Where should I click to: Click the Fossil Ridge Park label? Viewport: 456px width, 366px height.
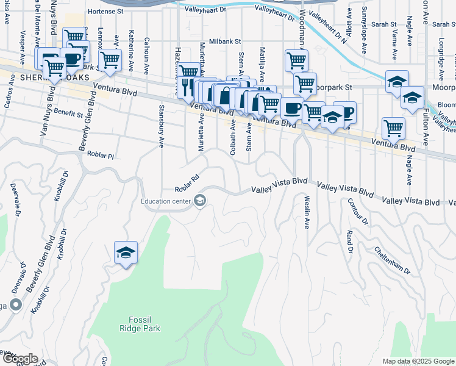(144, 323)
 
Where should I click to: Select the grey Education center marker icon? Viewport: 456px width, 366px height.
(200, 201)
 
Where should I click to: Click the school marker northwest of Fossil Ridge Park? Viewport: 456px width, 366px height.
(126, 254)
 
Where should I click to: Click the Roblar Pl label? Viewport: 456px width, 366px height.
(101, 156)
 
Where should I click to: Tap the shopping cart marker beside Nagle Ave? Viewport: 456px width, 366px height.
(393, 129)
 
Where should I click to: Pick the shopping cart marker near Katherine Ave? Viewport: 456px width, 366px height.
(110, 60)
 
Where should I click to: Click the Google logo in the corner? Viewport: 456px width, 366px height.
(20, 358)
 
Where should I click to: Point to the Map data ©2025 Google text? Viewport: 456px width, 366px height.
(418, 361)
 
